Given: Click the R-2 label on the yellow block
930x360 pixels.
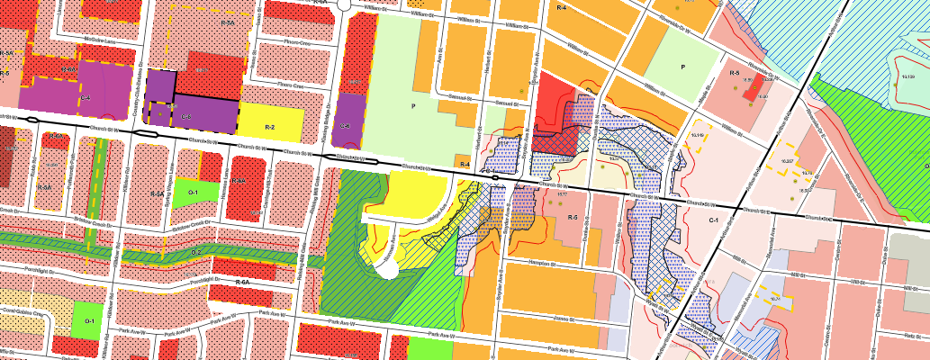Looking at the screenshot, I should pyautogui.click(x=269, y=129).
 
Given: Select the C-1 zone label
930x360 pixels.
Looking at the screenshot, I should pyautogui.click(x=712, y=220).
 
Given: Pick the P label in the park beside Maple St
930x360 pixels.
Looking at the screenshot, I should pyautogui.click(x=683, y=67).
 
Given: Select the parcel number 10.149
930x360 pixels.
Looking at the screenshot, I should pyautogui.click(x=696, y=136).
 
